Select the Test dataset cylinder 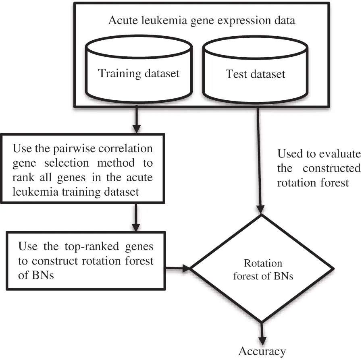tap(255, 74)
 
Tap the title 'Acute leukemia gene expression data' tap(201, 21)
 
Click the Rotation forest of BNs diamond tap(262, 269)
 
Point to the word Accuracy tap(262, 351)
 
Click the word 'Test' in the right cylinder tap(235, 74)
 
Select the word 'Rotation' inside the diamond tap(263, 263)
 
